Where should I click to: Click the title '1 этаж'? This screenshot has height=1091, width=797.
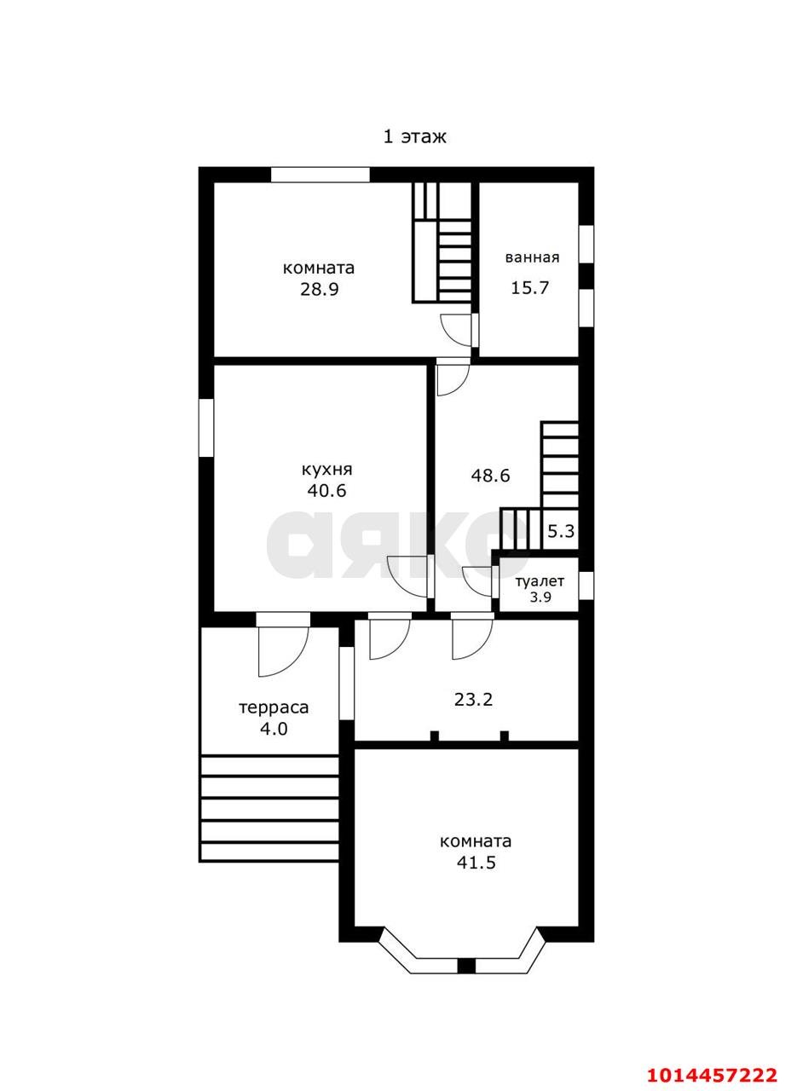[x=414, y=137]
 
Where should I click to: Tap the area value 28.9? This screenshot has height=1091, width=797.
[x=319, y=291]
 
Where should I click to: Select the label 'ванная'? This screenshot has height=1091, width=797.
[x=532, y=257]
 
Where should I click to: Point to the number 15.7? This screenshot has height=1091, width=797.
[x=529, y=287]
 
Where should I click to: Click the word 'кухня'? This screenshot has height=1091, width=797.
[x=326, y=470]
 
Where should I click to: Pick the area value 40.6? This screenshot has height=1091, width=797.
[x=326, y=490]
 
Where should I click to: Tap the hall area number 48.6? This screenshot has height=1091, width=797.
[x=490, y=475]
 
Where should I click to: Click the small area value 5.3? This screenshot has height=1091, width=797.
[x=561, y=531]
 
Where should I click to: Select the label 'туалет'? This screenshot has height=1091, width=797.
[x=540, y=581]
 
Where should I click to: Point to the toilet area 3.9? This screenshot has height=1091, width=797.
[x=540, y=597]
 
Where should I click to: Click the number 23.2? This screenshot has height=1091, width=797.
[x=474, y=700]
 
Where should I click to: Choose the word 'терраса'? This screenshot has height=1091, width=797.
[x=274, y=707]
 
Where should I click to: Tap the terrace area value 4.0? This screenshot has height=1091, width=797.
[x=274, y=729]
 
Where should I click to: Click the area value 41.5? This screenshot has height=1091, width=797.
[x=476, y=863]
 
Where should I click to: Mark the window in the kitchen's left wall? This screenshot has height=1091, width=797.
[x=206, y=428]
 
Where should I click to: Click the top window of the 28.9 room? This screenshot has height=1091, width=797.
[x=320, y=175]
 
